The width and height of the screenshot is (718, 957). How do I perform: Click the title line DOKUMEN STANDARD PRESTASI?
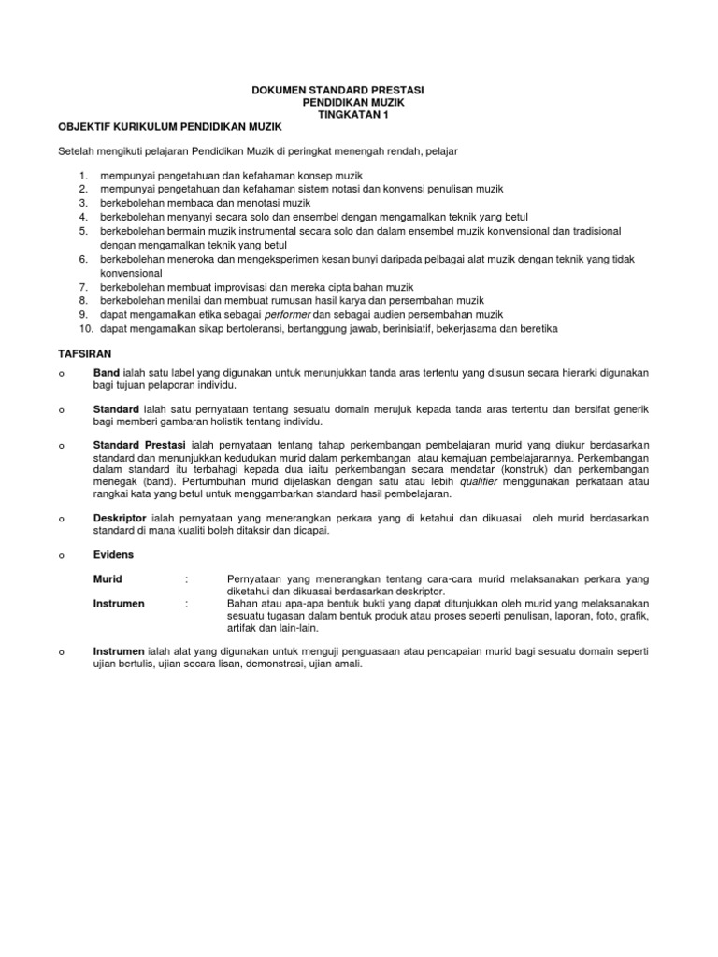337,91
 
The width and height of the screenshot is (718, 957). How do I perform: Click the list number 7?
82,287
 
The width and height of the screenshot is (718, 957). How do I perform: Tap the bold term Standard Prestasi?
139,443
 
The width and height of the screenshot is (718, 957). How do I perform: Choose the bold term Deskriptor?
121,517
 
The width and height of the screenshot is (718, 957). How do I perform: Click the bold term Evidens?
113,554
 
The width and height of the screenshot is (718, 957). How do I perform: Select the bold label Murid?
108,579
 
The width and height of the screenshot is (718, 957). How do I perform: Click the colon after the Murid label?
189,579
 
